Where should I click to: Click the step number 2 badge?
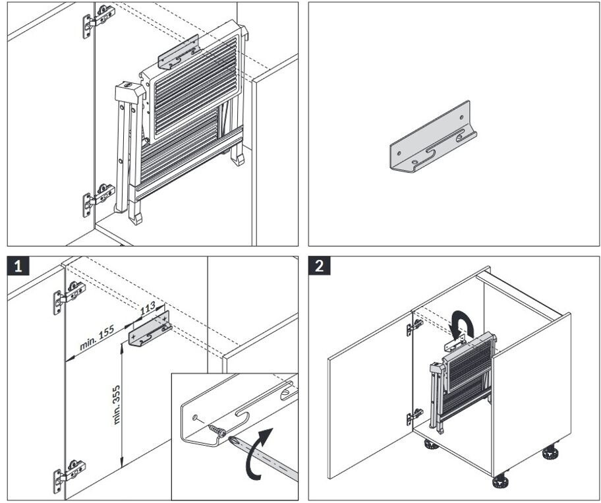[320, 266]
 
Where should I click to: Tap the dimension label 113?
[148, 308]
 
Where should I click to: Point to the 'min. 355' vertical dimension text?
[117, 404]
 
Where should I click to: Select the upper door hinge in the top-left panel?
[96, 22]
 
